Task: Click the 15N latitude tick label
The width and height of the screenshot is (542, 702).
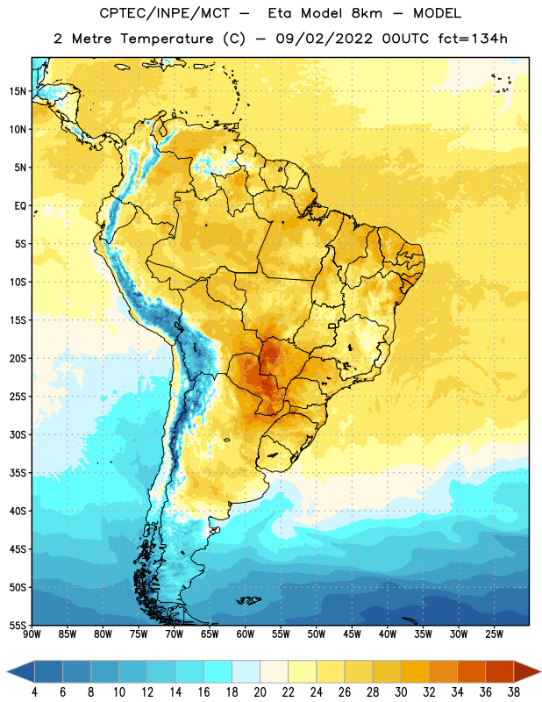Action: point(18,91)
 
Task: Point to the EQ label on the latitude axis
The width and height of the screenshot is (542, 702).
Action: point(20,206)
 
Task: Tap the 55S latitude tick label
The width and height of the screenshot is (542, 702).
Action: point(18,625)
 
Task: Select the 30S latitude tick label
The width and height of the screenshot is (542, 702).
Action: point(18,434)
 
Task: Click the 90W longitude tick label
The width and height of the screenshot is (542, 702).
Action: point(32,634)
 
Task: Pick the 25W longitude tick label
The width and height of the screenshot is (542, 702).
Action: point(494,634)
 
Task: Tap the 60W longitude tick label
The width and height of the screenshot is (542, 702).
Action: point(246,634)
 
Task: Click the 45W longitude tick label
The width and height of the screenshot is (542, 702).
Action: point(352,634)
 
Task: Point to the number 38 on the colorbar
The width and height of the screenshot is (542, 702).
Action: point(514,692)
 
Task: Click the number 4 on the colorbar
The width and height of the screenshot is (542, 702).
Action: point(34,692)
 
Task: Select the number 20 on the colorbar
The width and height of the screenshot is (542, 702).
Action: point(260,692)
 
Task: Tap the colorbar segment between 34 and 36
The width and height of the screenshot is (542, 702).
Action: point(471,672)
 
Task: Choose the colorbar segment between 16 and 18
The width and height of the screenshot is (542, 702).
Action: point(218,672)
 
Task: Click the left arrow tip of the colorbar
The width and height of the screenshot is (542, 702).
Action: point(7,672)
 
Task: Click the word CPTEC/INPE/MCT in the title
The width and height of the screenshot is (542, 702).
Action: point(164,13)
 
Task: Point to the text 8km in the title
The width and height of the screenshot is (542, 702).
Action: point(367,13)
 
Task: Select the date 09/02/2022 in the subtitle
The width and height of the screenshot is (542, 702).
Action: point(324,39)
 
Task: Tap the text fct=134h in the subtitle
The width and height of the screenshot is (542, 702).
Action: point(473,39)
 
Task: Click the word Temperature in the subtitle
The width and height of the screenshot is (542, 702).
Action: point(167,39)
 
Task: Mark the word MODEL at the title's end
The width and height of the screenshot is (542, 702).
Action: point(437,13)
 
